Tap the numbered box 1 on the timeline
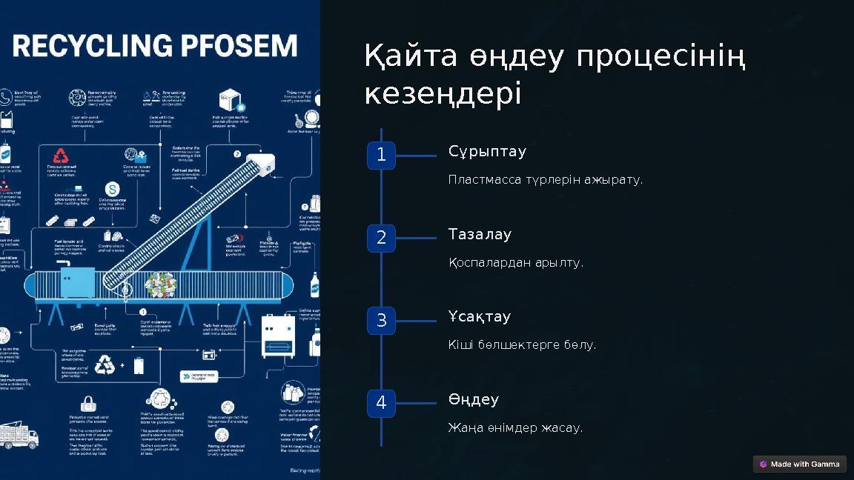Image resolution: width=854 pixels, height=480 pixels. tap(381, 156)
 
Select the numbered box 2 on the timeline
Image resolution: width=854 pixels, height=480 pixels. tap(381, 238)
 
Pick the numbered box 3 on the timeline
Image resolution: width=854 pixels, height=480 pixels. tap(381, 321)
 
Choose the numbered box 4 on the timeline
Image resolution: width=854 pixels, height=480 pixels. tap(381, 403)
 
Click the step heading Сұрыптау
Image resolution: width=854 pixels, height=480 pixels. tap(487, 152)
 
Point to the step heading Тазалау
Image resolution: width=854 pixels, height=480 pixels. tap(480, 235)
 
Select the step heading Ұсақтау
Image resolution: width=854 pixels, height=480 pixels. tap(480, 317)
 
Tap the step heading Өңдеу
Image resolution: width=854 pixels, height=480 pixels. tap(474, 400)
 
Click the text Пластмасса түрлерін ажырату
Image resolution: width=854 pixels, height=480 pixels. tap(545, 180)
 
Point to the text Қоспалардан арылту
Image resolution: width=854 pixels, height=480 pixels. tap(515, 263)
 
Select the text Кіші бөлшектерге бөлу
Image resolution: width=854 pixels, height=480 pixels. tap(522, 345)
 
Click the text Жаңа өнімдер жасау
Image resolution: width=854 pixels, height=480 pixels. tap(515, 428)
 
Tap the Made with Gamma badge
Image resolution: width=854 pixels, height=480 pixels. tap(799, 464)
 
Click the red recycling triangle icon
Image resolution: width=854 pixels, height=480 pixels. tap(60, 156)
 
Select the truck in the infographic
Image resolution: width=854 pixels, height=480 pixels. tap(18, 435)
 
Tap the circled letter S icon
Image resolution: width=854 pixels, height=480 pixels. tap(113, 189)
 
